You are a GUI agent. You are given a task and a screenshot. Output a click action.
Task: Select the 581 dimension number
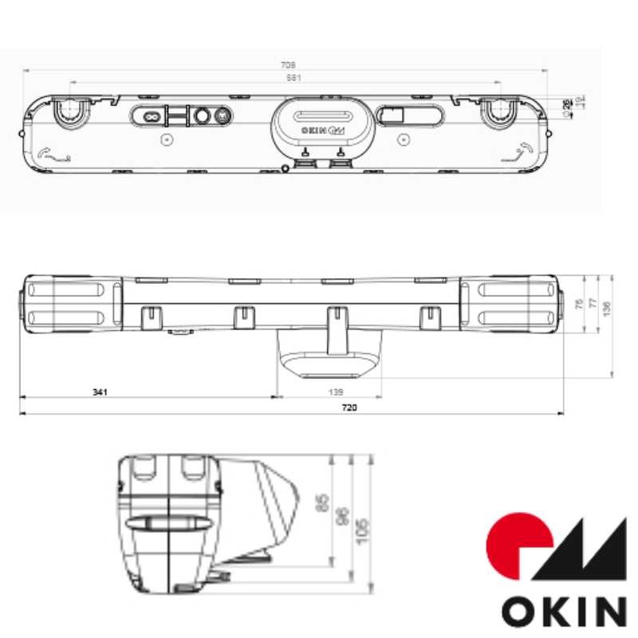(286, 77)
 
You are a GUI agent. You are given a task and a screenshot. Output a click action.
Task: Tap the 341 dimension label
(99, 392)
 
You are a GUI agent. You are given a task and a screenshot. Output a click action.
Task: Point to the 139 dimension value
(336, 392)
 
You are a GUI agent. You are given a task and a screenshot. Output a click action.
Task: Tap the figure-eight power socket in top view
(148, 116)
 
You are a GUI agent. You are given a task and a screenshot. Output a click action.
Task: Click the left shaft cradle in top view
(70, 112)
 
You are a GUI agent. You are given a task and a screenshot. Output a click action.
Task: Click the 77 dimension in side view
(591, 303)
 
